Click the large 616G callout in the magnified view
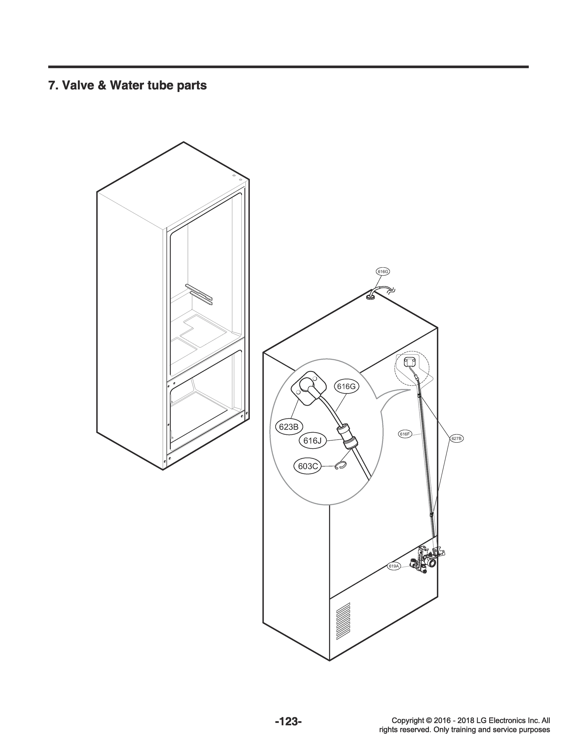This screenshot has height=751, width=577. click(346, 386)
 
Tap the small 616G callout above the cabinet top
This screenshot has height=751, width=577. click(383, 272)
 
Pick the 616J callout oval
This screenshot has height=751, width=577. click(312, 441)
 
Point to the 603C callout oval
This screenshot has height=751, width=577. click(307, 466)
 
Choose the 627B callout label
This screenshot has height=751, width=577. click(457, 438)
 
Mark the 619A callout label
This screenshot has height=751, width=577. click(394, 566)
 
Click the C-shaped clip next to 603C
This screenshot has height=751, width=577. click(341, 465)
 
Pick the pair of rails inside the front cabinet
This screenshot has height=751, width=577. click(199, 294)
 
